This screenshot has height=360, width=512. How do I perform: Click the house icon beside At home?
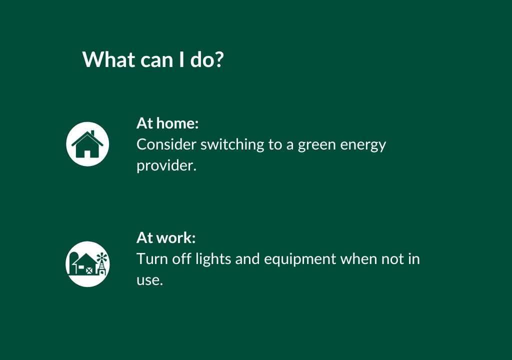87,144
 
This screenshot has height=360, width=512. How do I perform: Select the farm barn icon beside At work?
87,264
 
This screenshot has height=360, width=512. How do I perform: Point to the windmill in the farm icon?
102,263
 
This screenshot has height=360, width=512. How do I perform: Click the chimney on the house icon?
92,133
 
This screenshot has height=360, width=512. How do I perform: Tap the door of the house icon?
87,154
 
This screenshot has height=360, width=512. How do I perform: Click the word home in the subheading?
177,123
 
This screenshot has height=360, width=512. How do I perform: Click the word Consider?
166,144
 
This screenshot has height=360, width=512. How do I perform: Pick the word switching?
232,144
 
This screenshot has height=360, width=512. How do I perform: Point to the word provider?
166,166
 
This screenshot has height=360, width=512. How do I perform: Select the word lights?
213,259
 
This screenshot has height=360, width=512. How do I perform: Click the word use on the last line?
149,280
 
